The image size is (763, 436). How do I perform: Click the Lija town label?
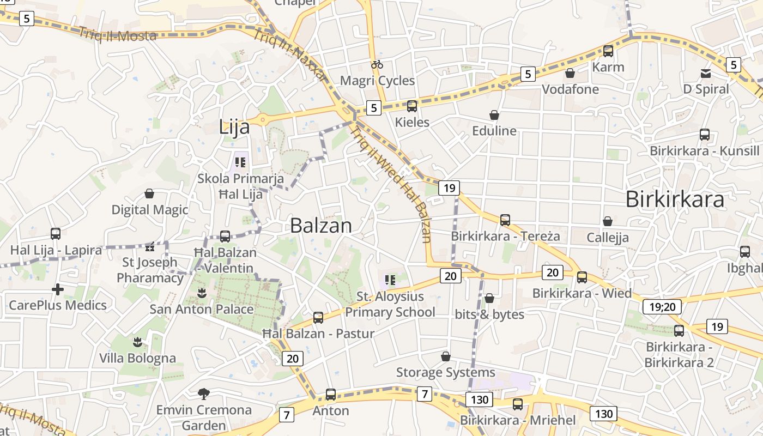[234, 127]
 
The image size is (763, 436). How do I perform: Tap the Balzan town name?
[320, 225]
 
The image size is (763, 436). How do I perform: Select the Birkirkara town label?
[675, 199]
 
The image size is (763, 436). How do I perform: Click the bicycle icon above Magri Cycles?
[377, 64]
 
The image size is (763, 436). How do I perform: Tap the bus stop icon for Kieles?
[412, 106]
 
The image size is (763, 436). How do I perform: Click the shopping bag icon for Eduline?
[494, 115]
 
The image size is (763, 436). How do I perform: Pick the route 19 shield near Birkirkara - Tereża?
[449, 189]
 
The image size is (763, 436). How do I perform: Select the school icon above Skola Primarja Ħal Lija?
[240, 162]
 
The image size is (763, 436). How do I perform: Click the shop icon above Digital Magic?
[149, 193]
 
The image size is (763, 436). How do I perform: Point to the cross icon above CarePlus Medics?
[58, 289]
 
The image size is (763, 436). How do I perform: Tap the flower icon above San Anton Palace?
[202, 293]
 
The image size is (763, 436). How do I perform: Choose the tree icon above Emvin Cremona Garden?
[203, 393]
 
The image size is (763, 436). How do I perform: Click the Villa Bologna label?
[137, 358]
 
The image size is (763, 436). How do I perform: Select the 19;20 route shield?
[662, 307]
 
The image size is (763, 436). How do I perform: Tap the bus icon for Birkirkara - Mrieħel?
[518, 404]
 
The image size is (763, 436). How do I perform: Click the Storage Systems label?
[445, 372]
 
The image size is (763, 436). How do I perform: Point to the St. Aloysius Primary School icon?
[390, 281]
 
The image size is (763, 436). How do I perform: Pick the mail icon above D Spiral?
[705, 74]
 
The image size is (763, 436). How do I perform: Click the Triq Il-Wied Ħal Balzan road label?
[391, 183]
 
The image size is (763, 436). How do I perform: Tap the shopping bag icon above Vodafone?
[570, 73]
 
